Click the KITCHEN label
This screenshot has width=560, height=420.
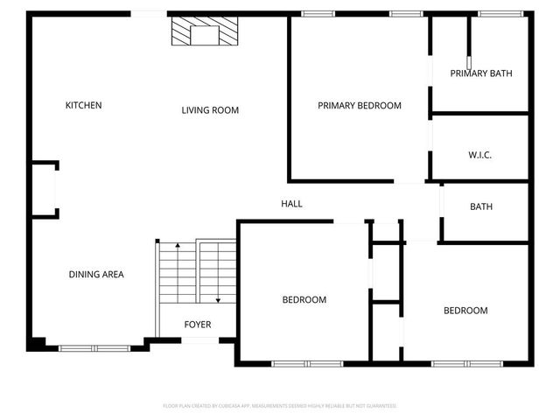point(84,106)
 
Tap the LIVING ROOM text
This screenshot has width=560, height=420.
point(210,110)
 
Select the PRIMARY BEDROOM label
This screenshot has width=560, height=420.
point(359,106)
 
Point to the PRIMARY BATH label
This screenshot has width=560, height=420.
point(481,73)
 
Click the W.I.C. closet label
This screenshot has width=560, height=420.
point(480,155)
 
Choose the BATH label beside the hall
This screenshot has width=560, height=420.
point(481,207)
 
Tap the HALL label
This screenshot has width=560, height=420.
point(291,204)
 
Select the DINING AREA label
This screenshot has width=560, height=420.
point(96,275)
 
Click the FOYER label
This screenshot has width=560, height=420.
point(197,325)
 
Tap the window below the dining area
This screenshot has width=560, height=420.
point(93,347)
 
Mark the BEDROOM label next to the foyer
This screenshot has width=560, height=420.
point(304,300)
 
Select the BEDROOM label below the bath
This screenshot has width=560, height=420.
point(465,311)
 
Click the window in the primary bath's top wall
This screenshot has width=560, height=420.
point(495,13)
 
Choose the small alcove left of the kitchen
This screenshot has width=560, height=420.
point(45,188)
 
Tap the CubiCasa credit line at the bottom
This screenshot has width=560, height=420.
point(280,406)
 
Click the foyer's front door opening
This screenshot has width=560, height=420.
point(198,339)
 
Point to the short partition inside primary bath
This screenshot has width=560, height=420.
point(470,40)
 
